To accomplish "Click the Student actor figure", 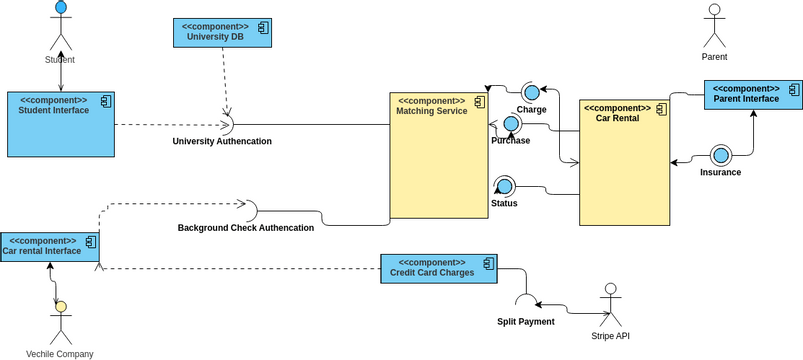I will tap(61, 27).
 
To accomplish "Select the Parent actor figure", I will tap(714, 26).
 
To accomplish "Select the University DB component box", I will tap(222, 33).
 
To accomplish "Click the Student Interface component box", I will tap(61, 124).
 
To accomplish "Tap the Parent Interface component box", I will tap(753, 94).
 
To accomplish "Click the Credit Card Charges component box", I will tap(439, 268).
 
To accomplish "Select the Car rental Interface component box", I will tap(49, 246).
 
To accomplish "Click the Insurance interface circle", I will tap(721, 156).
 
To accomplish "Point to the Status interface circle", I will tap(504, 186).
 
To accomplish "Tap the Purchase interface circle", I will tap(511, 124).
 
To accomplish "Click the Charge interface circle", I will tap(531, 93).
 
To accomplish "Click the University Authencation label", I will tap(222, 141).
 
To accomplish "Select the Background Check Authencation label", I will tap(246, 228).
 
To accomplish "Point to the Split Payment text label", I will tap(525, 322).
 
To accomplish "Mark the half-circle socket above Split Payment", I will tap(525, 301).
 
